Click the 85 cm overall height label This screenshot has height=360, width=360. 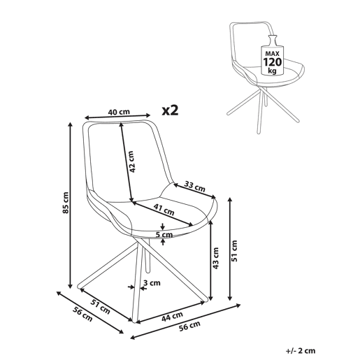tap(66, 203)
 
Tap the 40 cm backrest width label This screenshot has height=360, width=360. tap(119, 112)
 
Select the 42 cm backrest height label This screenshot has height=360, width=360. tap(131, 161)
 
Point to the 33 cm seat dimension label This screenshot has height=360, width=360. tap(195, 186)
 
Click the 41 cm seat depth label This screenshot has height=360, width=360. tap(164, 209)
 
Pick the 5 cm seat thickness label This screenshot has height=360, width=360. tap(164, 235)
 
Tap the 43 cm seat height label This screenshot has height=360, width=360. tap(216, 258)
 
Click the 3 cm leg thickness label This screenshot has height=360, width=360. tap(152, 283)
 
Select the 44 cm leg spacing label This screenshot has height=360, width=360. tap(172, 317)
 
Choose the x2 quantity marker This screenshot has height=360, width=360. tap(171, 110)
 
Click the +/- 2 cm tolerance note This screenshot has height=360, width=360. tap(301, 351)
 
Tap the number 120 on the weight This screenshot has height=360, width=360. tap(273, 62)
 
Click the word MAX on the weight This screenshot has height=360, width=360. tap(273, 54)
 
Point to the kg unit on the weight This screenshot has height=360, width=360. tap(272, 71)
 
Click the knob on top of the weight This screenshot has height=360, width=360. tap(273, 37)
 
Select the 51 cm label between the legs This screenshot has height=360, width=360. tap(100, 307)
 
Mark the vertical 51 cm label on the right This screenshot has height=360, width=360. tap(235, 251)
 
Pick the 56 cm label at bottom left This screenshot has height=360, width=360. tap(82, 315)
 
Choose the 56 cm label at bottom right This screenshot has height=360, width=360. tap(189, 326)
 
